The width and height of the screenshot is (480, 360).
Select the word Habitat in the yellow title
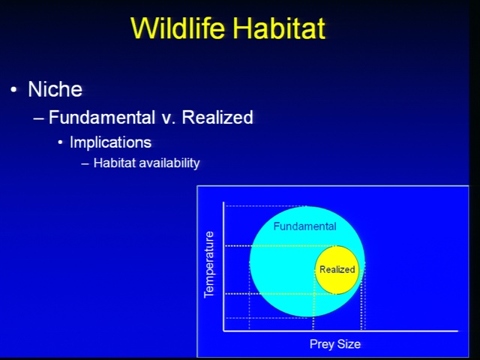coord(279,28)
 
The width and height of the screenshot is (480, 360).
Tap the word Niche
coord(55,89)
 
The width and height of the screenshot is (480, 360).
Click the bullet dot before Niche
coord(13,90)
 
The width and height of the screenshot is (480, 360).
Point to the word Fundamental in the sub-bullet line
coord(102,117)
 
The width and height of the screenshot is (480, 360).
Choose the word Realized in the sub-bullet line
coord(217,117)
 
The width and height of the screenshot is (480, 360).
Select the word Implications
coord(110,142)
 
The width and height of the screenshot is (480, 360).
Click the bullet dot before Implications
coord(60,142)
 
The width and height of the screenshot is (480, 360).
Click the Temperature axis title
coord(208,265)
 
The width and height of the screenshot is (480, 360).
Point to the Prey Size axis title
coord(335,344)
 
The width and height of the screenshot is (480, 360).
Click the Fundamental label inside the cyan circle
coord(305,226)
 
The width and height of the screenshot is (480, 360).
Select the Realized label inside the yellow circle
coord(337,269)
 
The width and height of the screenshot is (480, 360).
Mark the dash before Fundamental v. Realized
coord(38,118)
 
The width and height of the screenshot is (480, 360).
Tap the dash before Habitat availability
coord(85,164)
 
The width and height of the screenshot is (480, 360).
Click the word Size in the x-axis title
coord(349,343)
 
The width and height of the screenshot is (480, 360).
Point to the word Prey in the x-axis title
coord(322,344)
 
